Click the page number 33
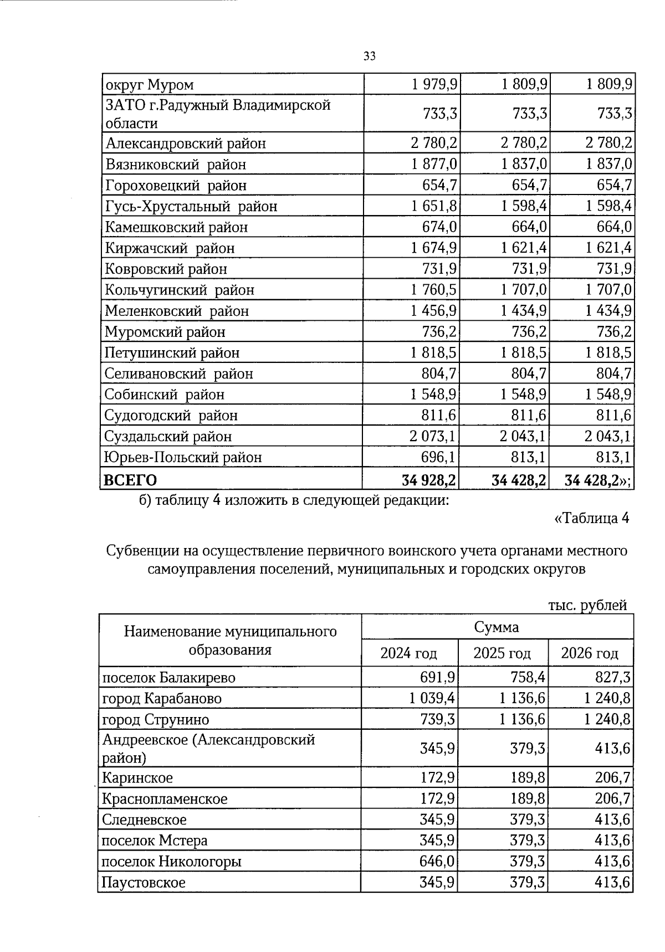point(370,56)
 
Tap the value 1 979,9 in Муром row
point(434,84)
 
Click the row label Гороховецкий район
point(176,185)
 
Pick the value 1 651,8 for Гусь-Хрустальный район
point(434,206)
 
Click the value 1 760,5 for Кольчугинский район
point(434,290)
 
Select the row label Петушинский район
point(172,352)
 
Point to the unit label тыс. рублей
point(587,605)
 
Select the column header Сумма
point(497,627)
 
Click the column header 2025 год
point(502,653)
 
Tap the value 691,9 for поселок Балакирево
point(438,677)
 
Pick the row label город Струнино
point(156,719)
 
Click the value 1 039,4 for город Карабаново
point(432,698)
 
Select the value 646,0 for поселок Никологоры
point(438,862)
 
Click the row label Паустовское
point(144,882)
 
